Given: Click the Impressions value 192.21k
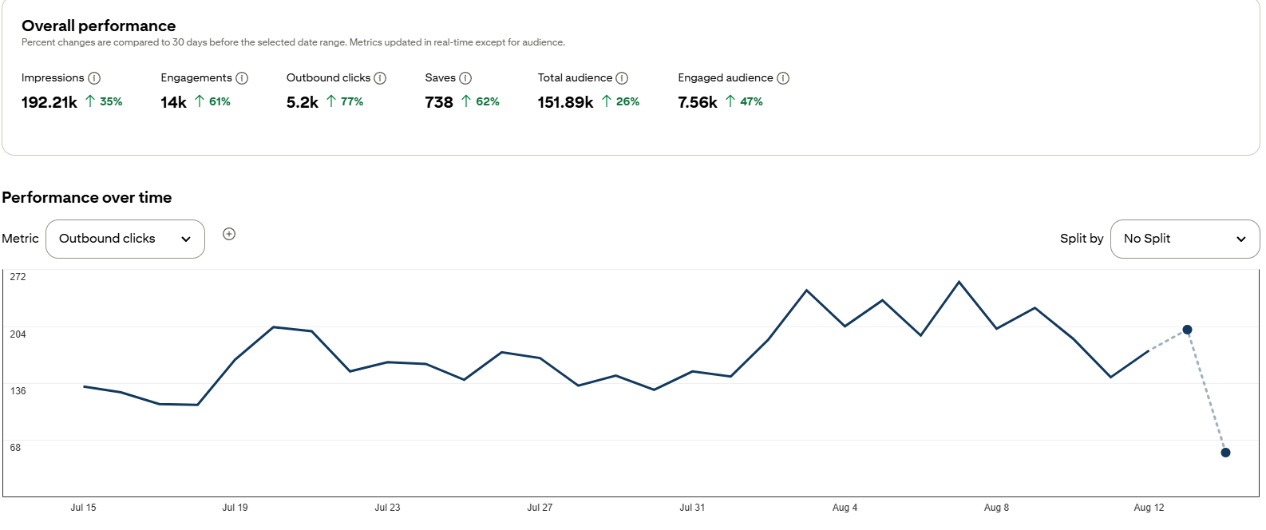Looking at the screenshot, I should [x=49, y=102].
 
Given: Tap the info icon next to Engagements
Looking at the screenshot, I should [x=242, y=78].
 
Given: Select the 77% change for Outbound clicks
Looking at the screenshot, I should [x=351, y=101].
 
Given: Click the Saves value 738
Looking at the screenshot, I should [x=439, y=102].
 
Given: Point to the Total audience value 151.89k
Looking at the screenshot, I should [x=565, y=102].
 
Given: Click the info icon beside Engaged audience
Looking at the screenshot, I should [x=783, y=78].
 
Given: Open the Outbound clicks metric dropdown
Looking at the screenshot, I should [x=125, y=239].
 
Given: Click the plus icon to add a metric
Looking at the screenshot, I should [x=229, y=234].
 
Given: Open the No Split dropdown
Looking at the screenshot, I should [x=1185, y=239].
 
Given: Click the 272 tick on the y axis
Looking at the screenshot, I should [x=18, y=277].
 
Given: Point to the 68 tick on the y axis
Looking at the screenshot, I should [x=15, y=448].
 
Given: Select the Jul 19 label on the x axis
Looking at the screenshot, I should [x=235, y=508].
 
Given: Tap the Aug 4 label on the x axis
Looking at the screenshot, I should [x=845, y=508].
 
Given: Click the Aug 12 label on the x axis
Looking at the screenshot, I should [x=1149, y=508].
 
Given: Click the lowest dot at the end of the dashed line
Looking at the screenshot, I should [x=1225, y=453].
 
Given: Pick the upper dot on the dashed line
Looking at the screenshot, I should [x=1187, y=330].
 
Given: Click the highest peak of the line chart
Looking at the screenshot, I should [x=959, y=282].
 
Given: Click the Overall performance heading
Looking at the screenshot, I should [x=98, y=26].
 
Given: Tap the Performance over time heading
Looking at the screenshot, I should [x=86, y=197].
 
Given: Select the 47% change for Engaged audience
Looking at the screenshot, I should [x=751, y=101].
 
